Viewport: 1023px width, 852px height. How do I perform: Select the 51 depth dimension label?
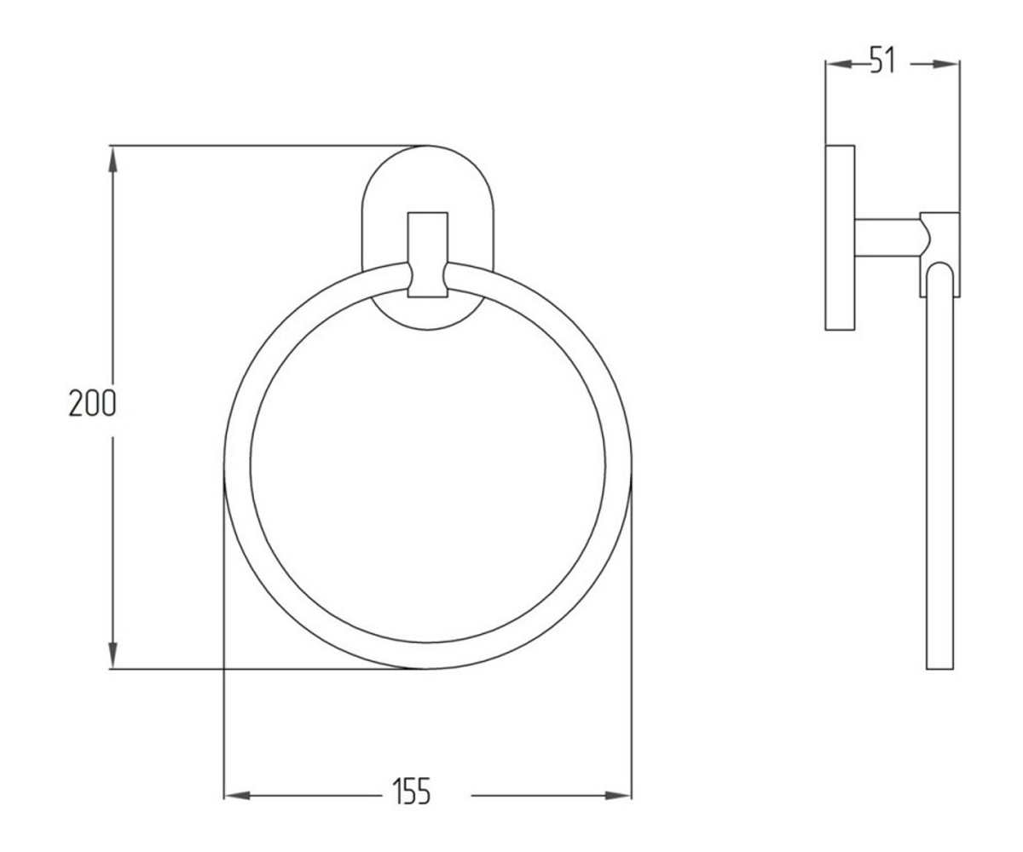pyautogui.click(x=883, y=60)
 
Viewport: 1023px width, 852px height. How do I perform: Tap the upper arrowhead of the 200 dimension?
pyautogui.click(x=113, y=159)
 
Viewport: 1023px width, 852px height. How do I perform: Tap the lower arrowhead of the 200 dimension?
pyautogui.click(x=113, y=654)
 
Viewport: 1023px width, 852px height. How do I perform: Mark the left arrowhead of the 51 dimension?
pyautogui.click(x=839, y=64)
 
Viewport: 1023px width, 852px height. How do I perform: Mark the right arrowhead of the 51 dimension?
pyautogui.click(x=946, y=64)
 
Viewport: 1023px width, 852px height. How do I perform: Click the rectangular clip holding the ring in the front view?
pyautogui.click(x=428, y=255)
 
